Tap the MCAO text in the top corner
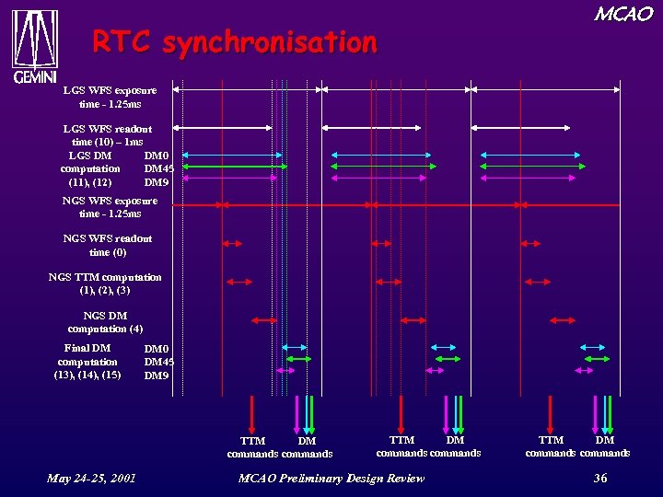(x=623, y=14)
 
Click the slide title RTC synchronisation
(x=234, y=42)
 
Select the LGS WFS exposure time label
(x=110, y=98)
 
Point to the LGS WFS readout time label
(x=108, y=135)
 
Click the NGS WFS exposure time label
(x=110, y=207)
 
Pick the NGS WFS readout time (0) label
(x=108, y=245)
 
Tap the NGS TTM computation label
(x=105, y=283)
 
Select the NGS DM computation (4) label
(x=105, y=322)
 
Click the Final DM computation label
(x=87, y=361)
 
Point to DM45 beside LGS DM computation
(x=159, y=168)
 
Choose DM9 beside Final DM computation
(x=157, y=376)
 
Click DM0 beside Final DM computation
(x=157, y=349)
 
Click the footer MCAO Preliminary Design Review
(x=331, y=478)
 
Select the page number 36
(x=599, y=478)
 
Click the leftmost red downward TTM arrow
(x=252, y=414)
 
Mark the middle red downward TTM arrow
(x=401, y=414)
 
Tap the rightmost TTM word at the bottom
(x=551, y=441)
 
